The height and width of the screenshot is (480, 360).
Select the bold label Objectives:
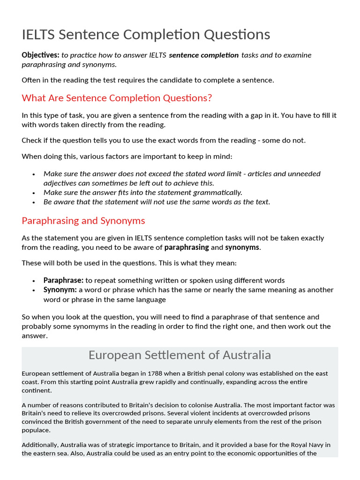[40, 55]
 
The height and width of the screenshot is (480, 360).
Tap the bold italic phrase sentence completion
[203, 55]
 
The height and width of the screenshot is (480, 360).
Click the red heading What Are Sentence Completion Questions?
[117, 98]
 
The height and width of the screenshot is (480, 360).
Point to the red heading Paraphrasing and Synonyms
[83, 220]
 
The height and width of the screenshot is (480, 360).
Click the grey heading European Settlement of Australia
[180, 355]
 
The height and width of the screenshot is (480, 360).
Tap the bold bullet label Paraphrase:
[63, 280]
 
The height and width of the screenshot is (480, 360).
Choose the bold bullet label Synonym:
[60, 290]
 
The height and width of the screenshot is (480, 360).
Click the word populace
[36, 430]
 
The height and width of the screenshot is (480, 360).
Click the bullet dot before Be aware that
[34, 202]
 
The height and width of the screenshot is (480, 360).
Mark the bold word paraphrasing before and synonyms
[187, 247]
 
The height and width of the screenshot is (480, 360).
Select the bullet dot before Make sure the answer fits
[34, 193]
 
